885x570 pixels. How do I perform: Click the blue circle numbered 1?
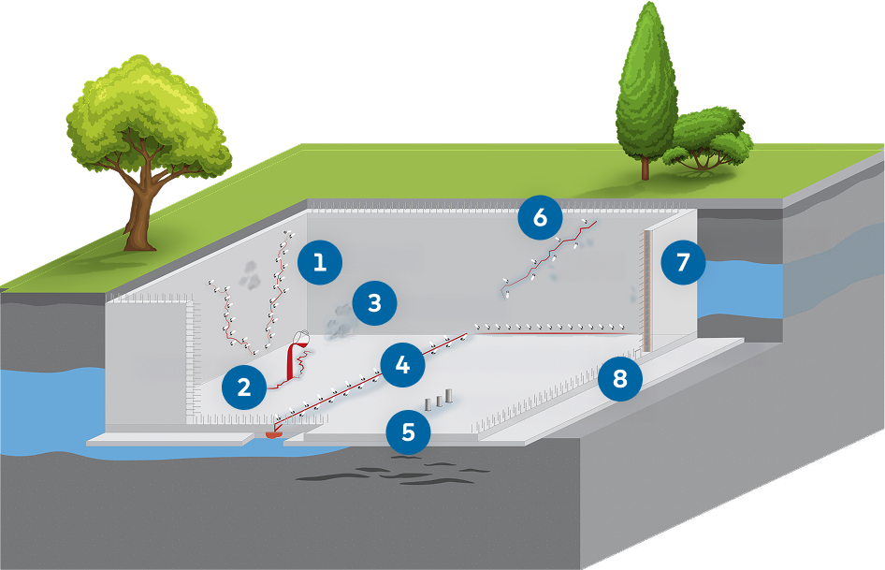click(x=320, y=262)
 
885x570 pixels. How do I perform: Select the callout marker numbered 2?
click(x=244, y=387)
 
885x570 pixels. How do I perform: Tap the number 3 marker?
click(x=374, y=303)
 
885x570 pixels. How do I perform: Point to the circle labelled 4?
click(x=402, y=364)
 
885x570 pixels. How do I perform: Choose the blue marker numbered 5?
click(x=409, y=432)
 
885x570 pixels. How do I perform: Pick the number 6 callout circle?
click(x=540, y=217)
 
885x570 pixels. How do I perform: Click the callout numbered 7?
click(x=683, y=263)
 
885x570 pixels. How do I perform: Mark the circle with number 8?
click(x=620, y=379)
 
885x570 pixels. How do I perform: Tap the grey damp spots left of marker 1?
click(x=250, y=272)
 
